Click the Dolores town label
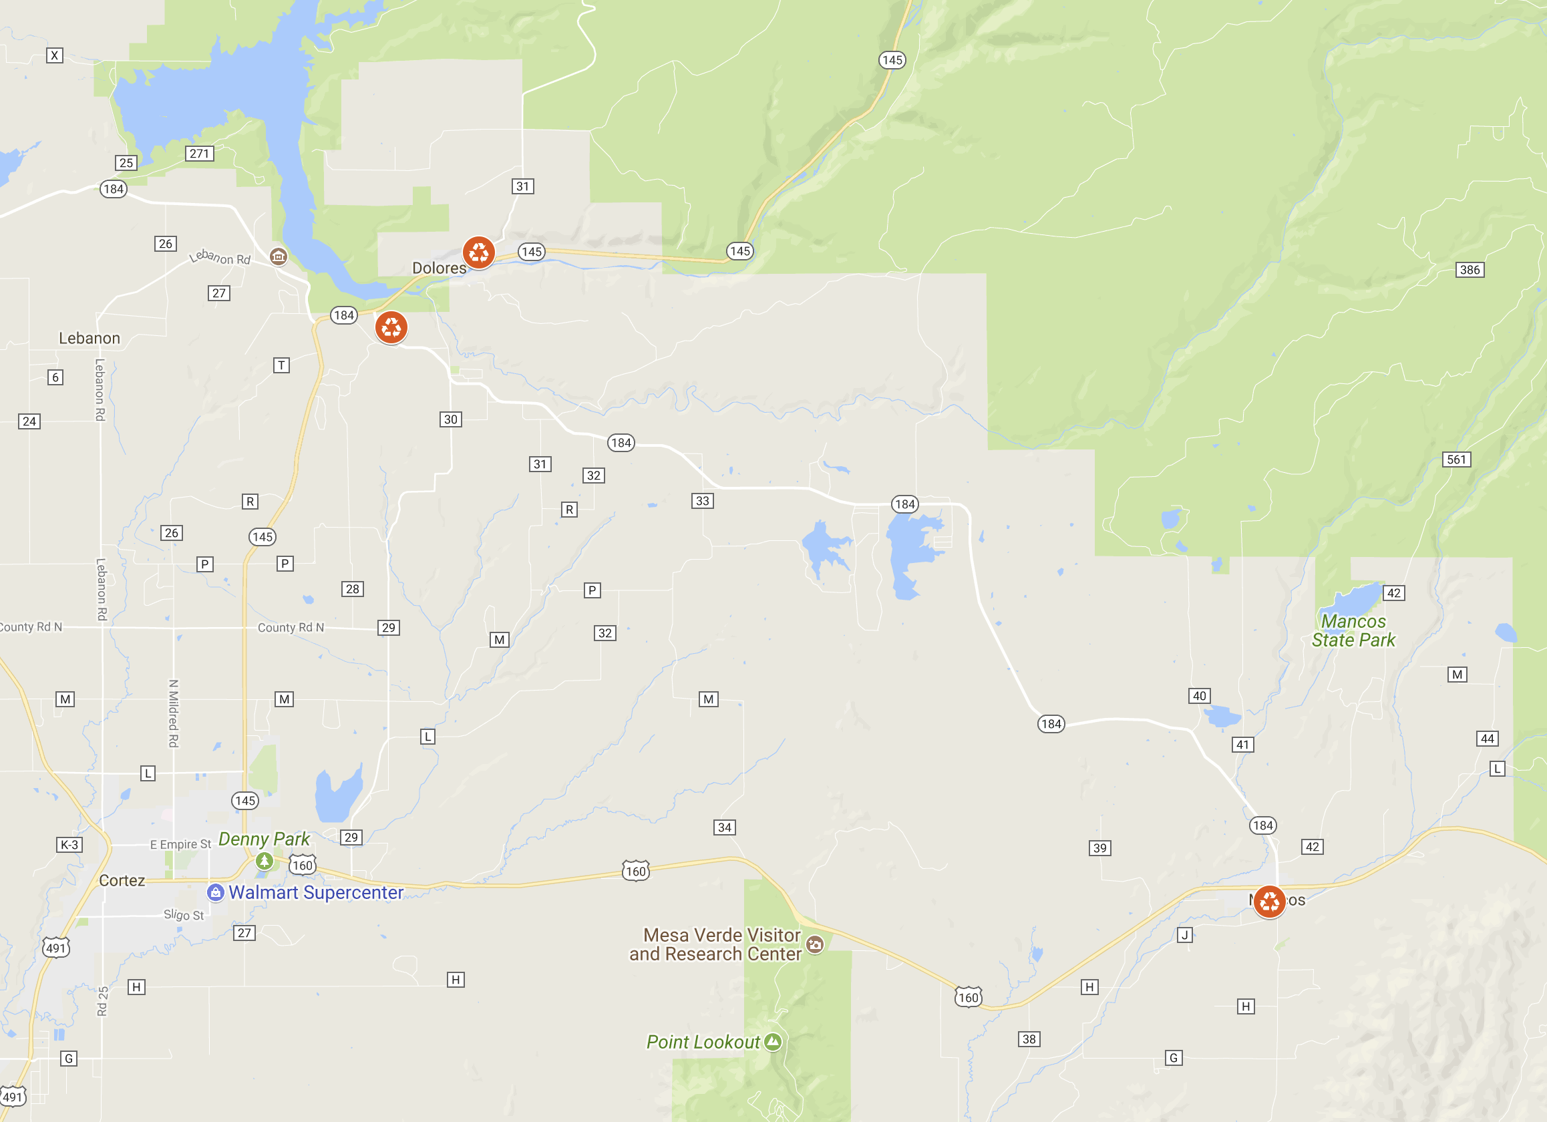(439, 268)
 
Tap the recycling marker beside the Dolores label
(479, 252)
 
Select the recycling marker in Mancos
(1268, 902)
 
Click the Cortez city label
(122, 880)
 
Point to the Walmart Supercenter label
(315, 892)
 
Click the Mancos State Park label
(1353, 631)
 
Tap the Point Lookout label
(703, 1043)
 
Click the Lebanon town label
(90, 339)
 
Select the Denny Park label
(264, 839)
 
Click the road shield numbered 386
(1470, 270)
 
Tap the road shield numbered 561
(1456, 459)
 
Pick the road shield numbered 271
(199, 154)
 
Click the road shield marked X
(55, 56)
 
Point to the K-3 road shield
(69, 845)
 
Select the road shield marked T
(281, 365)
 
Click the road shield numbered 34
(724, 828)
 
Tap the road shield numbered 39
(1099, 848)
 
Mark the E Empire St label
(180, 844)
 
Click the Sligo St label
(184, 916)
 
